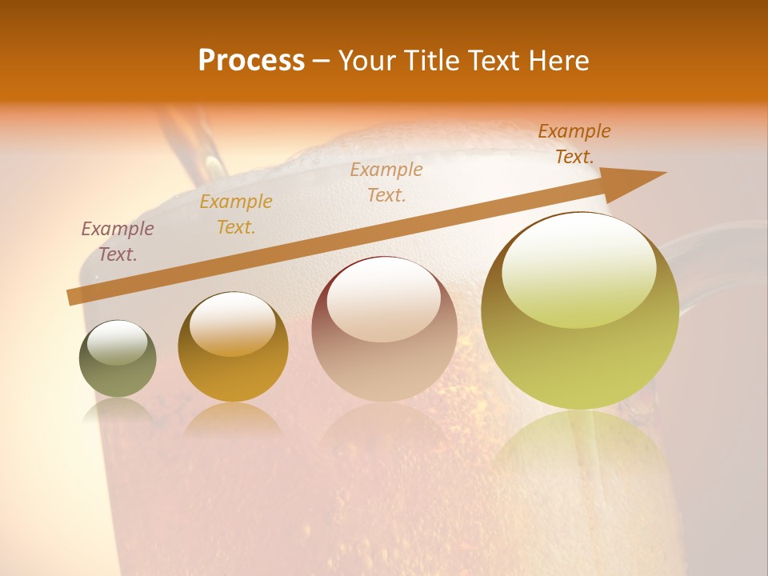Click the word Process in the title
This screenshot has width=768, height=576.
pyautogui.click(x=251, y=61)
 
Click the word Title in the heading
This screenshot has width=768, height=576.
pyautogui.click(x=431, y=61)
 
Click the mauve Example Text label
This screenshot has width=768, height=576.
pyautogui.click(x=118, y=242)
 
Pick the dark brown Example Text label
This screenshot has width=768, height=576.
pyautogui.click(x=574, y=144)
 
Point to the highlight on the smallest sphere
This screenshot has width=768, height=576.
pyautogui.click(x=117, y=342)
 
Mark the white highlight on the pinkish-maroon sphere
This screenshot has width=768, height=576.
pyautogui.click(x=384, y=298)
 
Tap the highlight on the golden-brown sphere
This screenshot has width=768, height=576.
pyautogui.click(x=232, y=324)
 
